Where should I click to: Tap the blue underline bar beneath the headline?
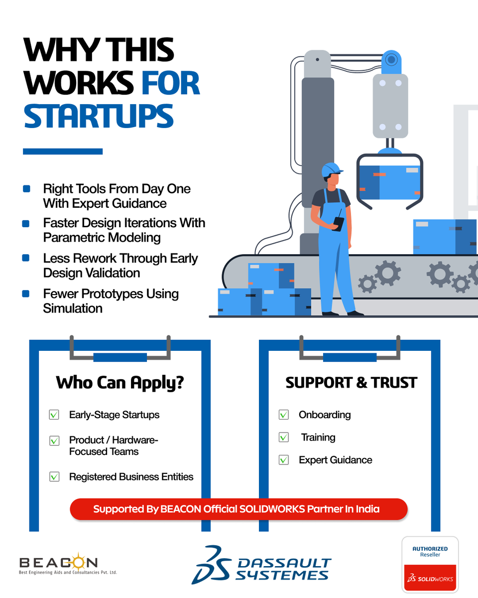[63, 151]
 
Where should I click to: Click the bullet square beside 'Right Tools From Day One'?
[26, 189]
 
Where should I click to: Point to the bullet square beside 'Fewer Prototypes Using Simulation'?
[26, 294]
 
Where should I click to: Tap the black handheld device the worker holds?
[338, 223]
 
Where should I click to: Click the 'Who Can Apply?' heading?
[120, 383]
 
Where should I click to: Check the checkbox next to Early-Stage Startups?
[54, 415]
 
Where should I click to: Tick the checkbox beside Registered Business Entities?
[54, 477]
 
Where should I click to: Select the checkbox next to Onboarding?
[284, 415]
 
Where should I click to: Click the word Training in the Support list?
[318, 438]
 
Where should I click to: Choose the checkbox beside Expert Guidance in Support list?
[284, 460]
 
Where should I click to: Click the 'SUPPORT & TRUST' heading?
[351, 383]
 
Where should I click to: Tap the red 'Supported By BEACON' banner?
[239, 509]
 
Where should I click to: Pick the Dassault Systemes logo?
[261, 565]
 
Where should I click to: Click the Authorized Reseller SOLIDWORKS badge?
[430, 564]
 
